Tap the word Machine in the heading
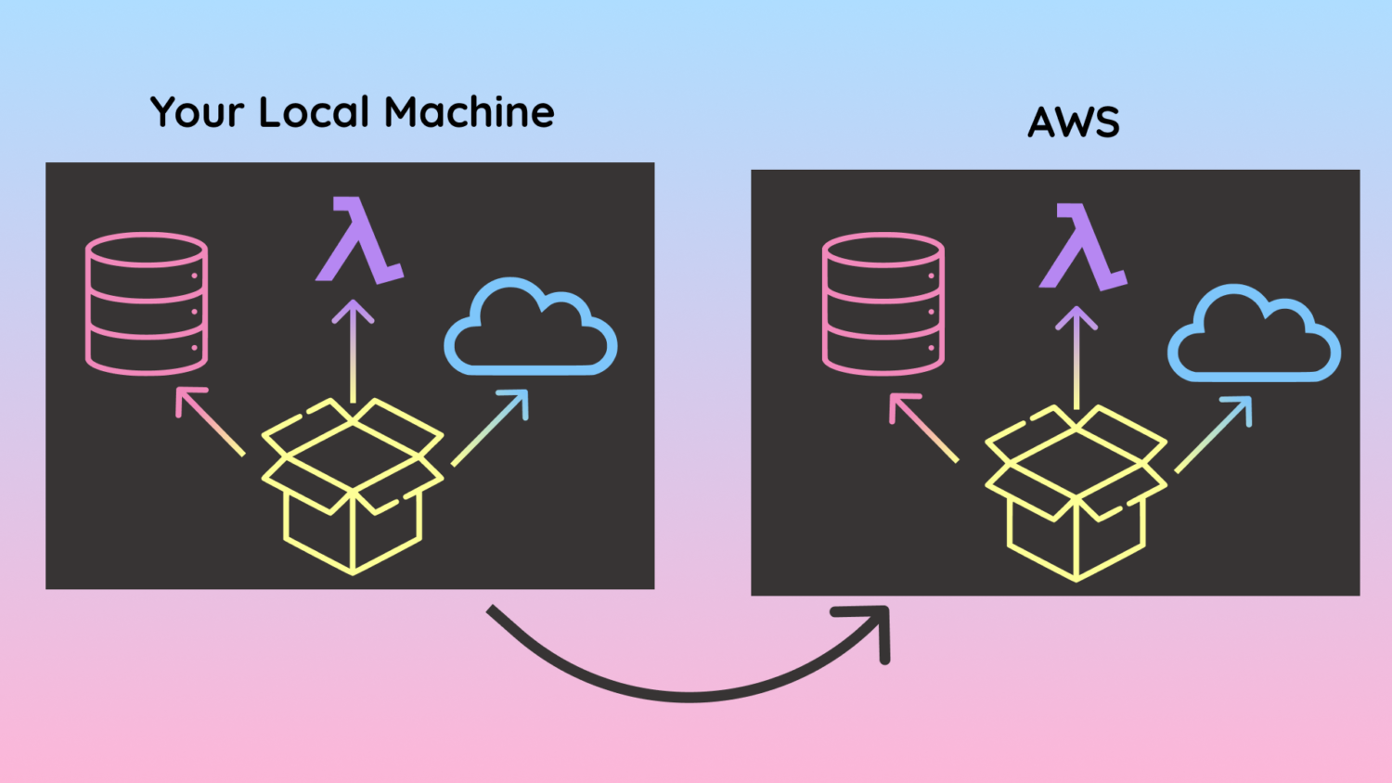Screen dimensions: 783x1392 [x=470, y=113]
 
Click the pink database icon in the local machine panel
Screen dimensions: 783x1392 [x=147, y=303]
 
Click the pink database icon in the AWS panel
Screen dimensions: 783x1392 [x=883, y=303]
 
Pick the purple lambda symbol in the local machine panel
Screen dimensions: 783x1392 [x=358, y=240]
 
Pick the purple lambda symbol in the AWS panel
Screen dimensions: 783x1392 [x=1082, y=248]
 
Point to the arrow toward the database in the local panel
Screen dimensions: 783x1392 [x=209, y=420]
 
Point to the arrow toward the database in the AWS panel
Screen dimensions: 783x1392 [x=923, y=427]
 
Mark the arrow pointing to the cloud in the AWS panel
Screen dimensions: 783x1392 [x=1214, y=434]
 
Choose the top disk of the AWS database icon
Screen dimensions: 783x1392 [x=883, y=250]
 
